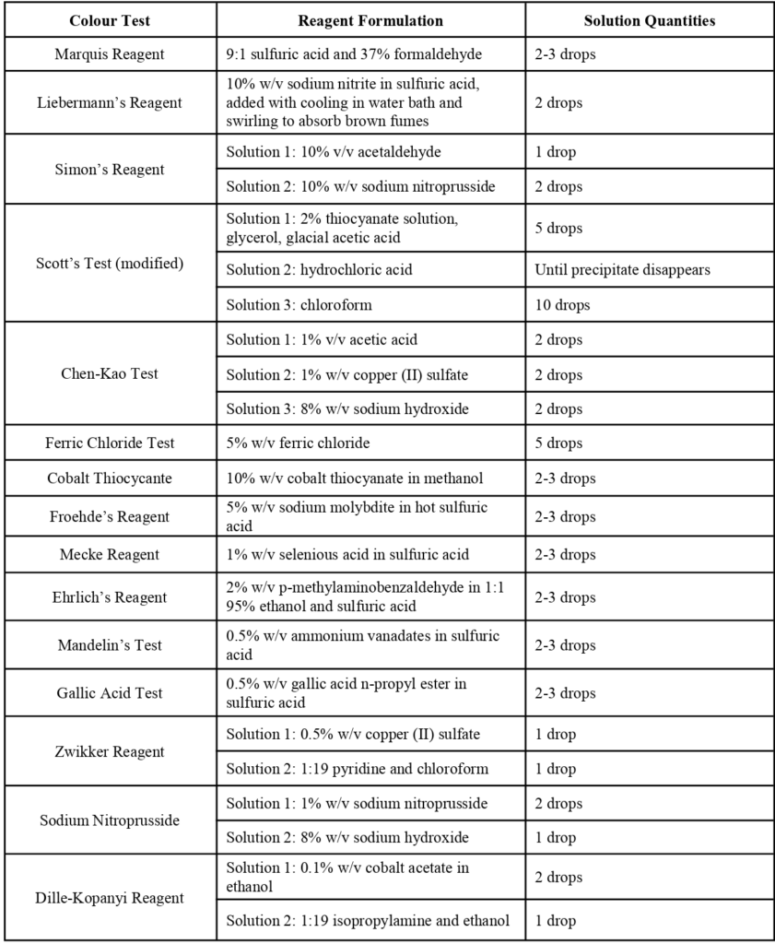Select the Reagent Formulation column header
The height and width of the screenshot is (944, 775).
coord(370,20)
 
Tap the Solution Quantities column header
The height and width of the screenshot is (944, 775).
coord(649,20)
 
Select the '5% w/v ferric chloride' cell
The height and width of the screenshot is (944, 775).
coord(298,442)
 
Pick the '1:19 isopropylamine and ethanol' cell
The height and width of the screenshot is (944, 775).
coord(368,920)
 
